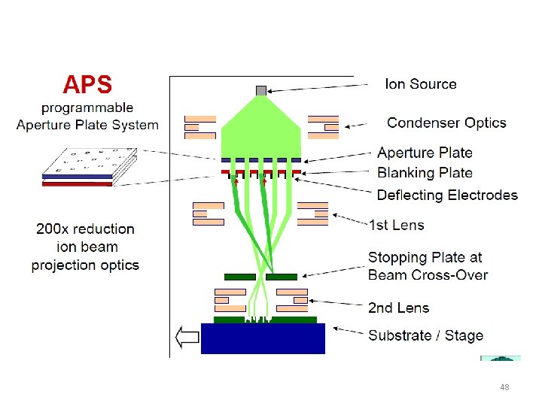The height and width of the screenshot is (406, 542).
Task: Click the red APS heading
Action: coord(87,85)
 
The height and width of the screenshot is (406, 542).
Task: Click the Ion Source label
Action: coord(420,83)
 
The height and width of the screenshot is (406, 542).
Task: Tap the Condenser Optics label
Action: coord(446,123)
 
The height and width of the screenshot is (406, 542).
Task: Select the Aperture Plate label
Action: coord(425,153)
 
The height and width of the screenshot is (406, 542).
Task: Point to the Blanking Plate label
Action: coord(425,172)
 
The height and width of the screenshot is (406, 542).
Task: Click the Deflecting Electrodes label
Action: coord(447,195)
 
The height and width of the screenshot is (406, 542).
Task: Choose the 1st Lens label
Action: coord(396,224)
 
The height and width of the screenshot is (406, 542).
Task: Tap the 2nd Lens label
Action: coord(398,308)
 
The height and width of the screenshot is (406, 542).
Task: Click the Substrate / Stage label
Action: coord(425,335)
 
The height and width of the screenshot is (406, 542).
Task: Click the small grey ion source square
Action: coord(260,90)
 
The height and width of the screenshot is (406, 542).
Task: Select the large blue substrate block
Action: coord(263,338)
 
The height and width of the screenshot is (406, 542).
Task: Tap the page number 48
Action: coord(504,387)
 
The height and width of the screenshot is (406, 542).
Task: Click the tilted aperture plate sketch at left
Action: coord(88,168)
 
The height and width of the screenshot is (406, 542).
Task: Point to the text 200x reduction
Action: coord(85,229)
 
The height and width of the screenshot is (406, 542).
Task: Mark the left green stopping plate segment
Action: coord(240,277)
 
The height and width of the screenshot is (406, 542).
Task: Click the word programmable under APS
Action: coord(87,108)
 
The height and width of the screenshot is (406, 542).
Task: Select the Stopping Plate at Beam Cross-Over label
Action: coord(428,266)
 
